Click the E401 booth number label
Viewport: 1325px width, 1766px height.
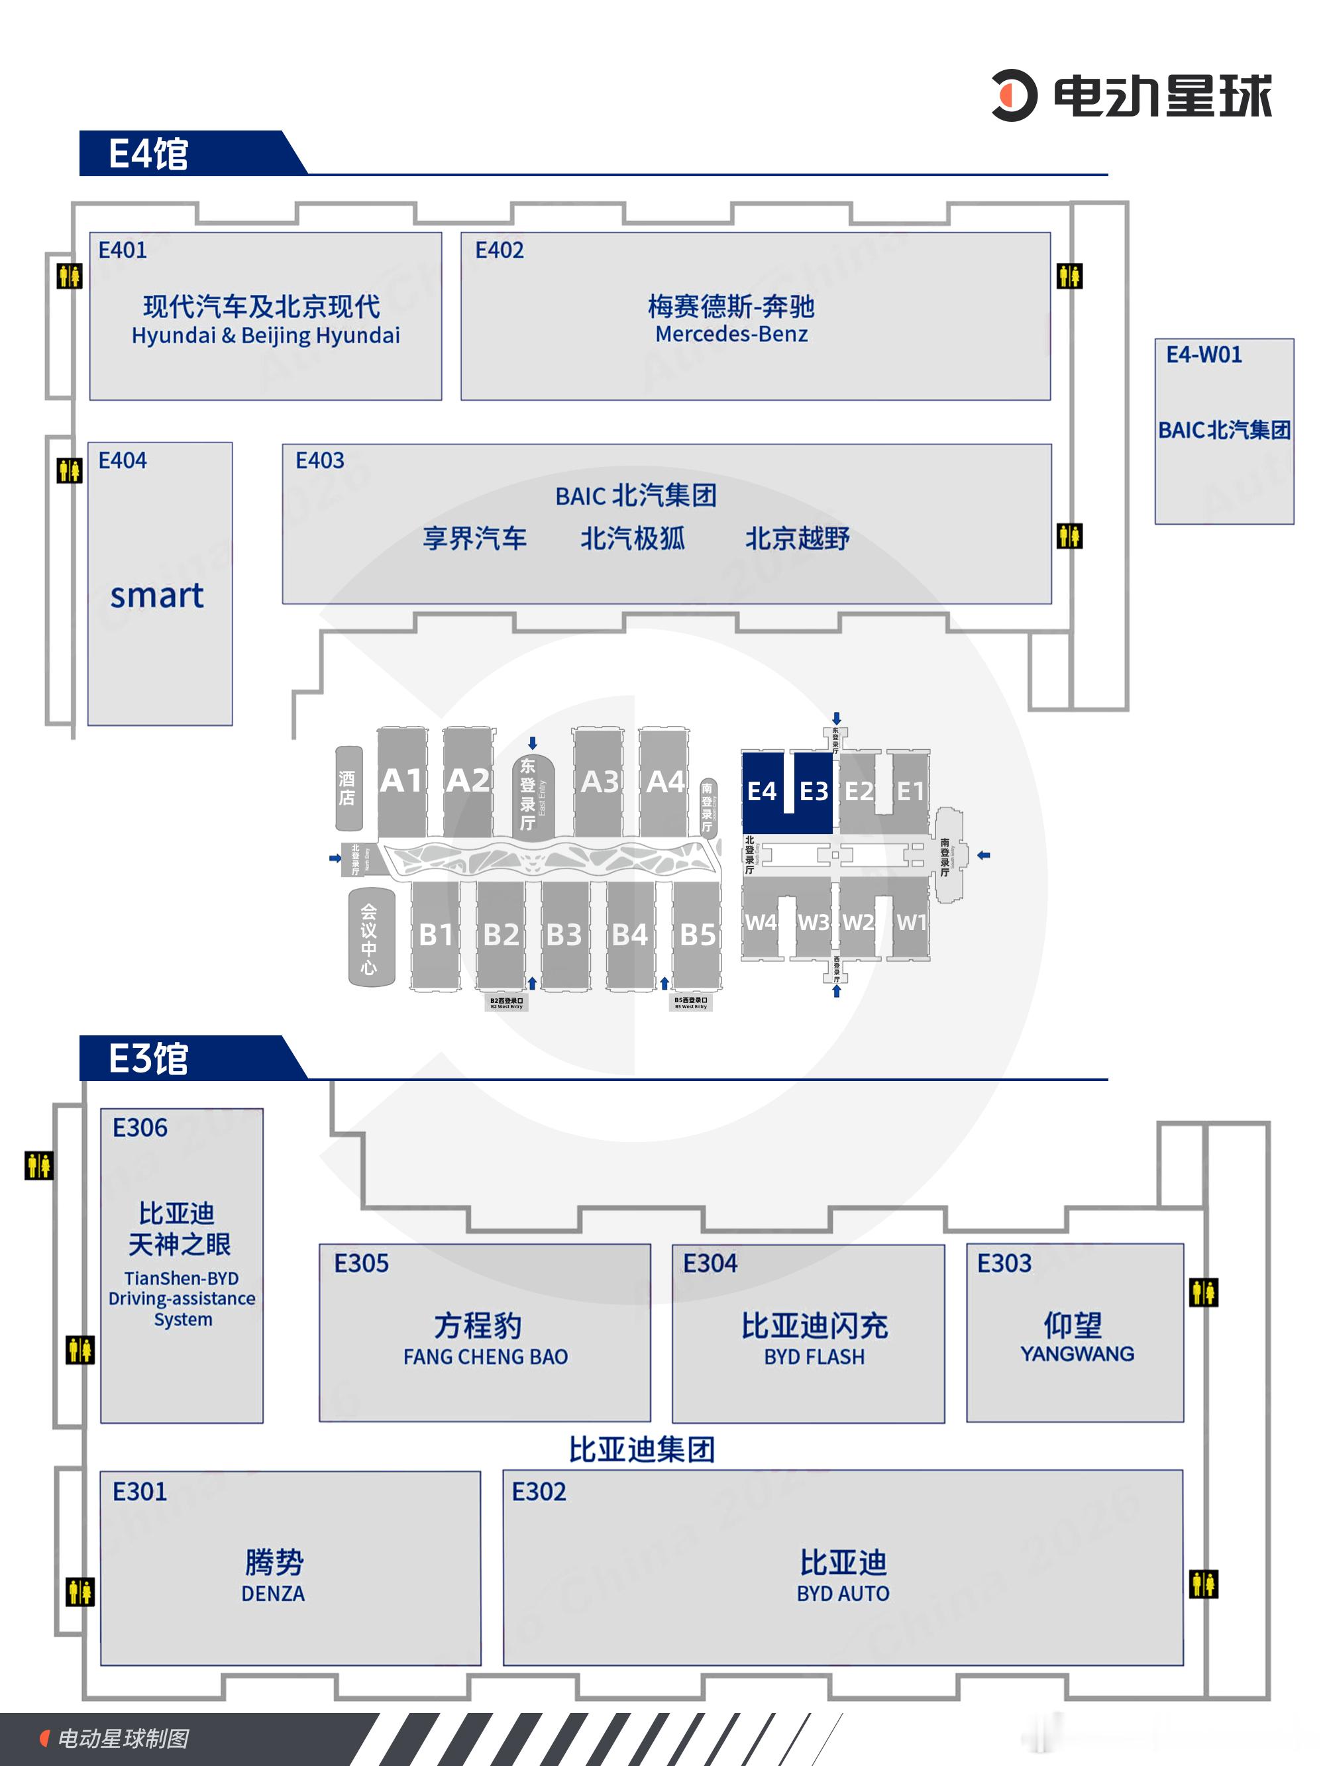point(122,250)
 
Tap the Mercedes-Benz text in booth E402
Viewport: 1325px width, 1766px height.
point(731,334)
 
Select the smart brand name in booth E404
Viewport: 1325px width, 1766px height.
point(156,596)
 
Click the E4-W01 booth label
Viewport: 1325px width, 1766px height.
point(1204,354)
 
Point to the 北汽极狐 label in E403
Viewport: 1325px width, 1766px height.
point(632,539)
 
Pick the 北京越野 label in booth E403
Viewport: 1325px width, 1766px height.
point(797,539)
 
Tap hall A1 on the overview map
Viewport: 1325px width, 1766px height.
point(401,781)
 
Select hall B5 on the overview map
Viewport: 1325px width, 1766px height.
point(696,934)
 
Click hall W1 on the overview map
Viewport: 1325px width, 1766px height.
point(910,922)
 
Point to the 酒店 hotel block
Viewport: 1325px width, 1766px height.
point(347,788)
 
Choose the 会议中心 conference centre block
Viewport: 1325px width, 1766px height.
point(369,938)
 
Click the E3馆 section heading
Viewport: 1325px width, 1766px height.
point(148,1059)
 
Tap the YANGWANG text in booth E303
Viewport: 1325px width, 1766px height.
point(1077,1353)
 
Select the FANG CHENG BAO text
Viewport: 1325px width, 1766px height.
point(486,1357)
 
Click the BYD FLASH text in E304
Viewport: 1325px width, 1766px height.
point(814,1357)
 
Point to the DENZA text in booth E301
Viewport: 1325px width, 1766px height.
point(273,1594)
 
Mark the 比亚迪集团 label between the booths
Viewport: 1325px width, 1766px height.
point(641,1449)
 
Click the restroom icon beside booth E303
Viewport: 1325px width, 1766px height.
point(1203,1292)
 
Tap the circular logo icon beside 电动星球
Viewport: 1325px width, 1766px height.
point(1014,96)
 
